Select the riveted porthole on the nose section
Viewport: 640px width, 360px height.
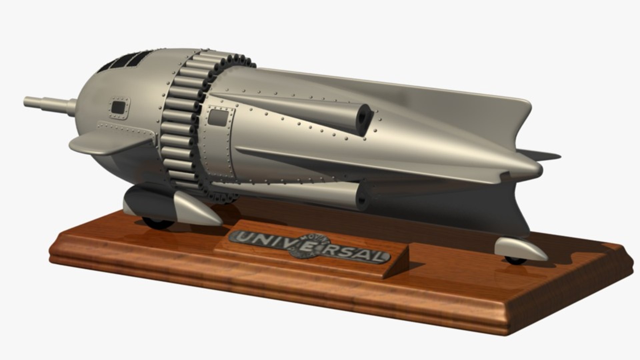[x=119, y=108]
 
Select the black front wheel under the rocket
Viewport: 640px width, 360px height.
[x=157, y=222]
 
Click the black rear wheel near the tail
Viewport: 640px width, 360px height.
[x=515, y=260]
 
